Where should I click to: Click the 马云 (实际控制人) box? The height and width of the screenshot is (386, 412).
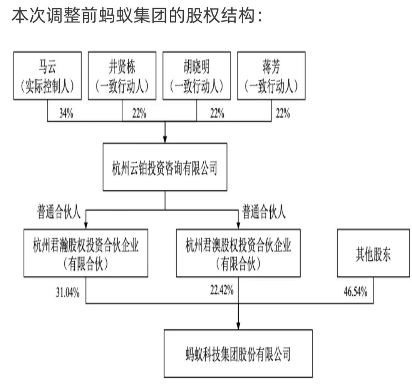48,76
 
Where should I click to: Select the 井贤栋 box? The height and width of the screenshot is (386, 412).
122,76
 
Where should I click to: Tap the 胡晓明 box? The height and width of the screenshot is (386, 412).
197,76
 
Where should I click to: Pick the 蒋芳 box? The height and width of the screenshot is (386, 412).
271,76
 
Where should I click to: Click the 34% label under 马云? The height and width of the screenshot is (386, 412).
66,113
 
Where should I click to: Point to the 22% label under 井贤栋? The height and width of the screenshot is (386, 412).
139,113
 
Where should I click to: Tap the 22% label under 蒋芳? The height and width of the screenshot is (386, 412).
283,113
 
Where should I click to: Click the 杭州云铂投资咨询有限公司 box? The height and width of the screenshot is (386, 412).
165,167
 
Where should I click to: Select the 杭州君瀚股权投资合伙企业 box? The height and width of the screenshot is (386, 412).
86,253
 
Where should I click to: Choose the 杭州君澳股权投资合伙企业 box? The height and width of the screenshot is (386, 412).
238,253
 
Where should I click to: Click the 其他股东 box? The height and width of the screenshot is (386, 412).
373,253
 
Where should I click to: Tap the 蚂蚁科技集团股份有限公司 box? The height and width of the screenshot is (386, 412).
238,354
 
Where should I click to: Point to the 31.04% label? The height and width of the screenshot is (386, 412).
68,292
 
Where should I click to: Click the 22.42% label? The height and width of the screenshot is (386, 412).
222,290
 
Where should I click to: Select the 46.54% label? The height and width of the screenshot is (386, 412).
355,292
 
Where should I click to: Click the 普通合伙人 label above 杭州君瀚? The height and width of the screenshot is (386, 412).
59,212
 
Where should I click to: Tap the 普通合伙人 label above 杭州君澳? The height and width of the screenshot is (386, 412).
263,212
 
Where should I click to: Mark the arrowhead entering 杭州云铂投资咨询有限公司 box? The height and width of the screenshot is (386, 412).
165,140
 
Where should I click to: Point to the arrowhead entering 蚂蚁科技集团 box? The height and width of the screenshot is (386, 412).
238,326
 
